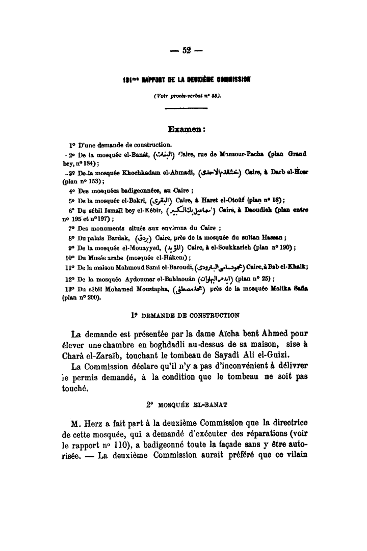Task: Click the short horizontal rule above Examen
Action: tap(186, 108)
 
